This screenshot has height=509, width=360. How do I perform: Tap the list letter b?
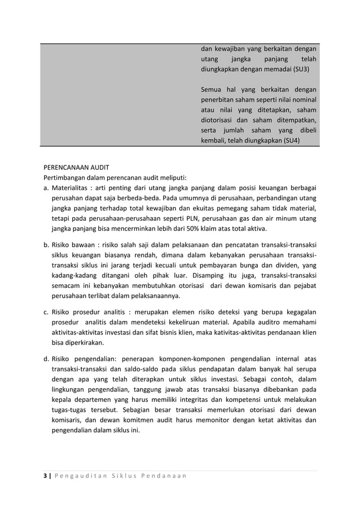pos(46,245)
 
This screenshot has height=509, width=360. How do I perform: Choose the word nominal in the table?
pos(304,100)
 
